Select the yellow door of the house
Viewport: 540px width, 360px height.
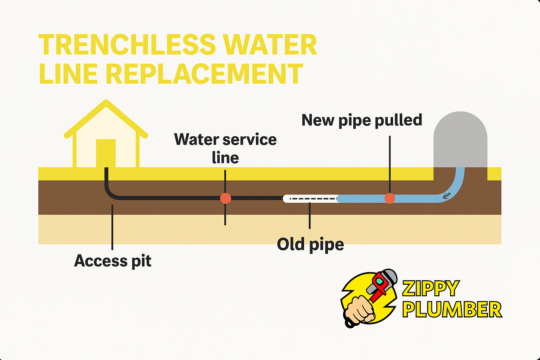click(x=106, y=153)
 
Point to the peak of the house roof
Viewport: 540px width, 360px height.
click(x=106, y=102)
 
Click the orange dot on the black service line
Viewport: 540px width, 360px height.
click(x=225, y=198)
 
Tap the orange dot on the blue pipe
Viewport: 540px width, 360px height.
click(x=390, y=198)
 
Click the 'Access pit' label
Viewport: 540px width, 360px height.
click(x=113, y=261)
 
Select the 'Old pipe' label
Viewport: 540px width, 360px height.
click(x=310, y=244)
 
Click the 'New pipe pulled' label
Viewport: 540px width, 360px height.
click(x=362, y=120)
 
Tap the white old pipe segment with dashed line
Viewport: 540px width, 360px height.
click(x=309, y=199)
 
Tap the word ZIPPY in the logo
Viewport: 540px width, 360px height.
click(x=431, y=289)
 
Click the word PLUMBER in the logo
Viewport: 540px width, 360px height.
click(x=452, y=310)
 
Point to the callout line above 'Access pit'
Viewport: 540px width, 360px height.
click(x=112, y=227)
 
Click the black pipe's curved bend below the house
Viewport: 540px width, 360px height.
click(x=109, y=193)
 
